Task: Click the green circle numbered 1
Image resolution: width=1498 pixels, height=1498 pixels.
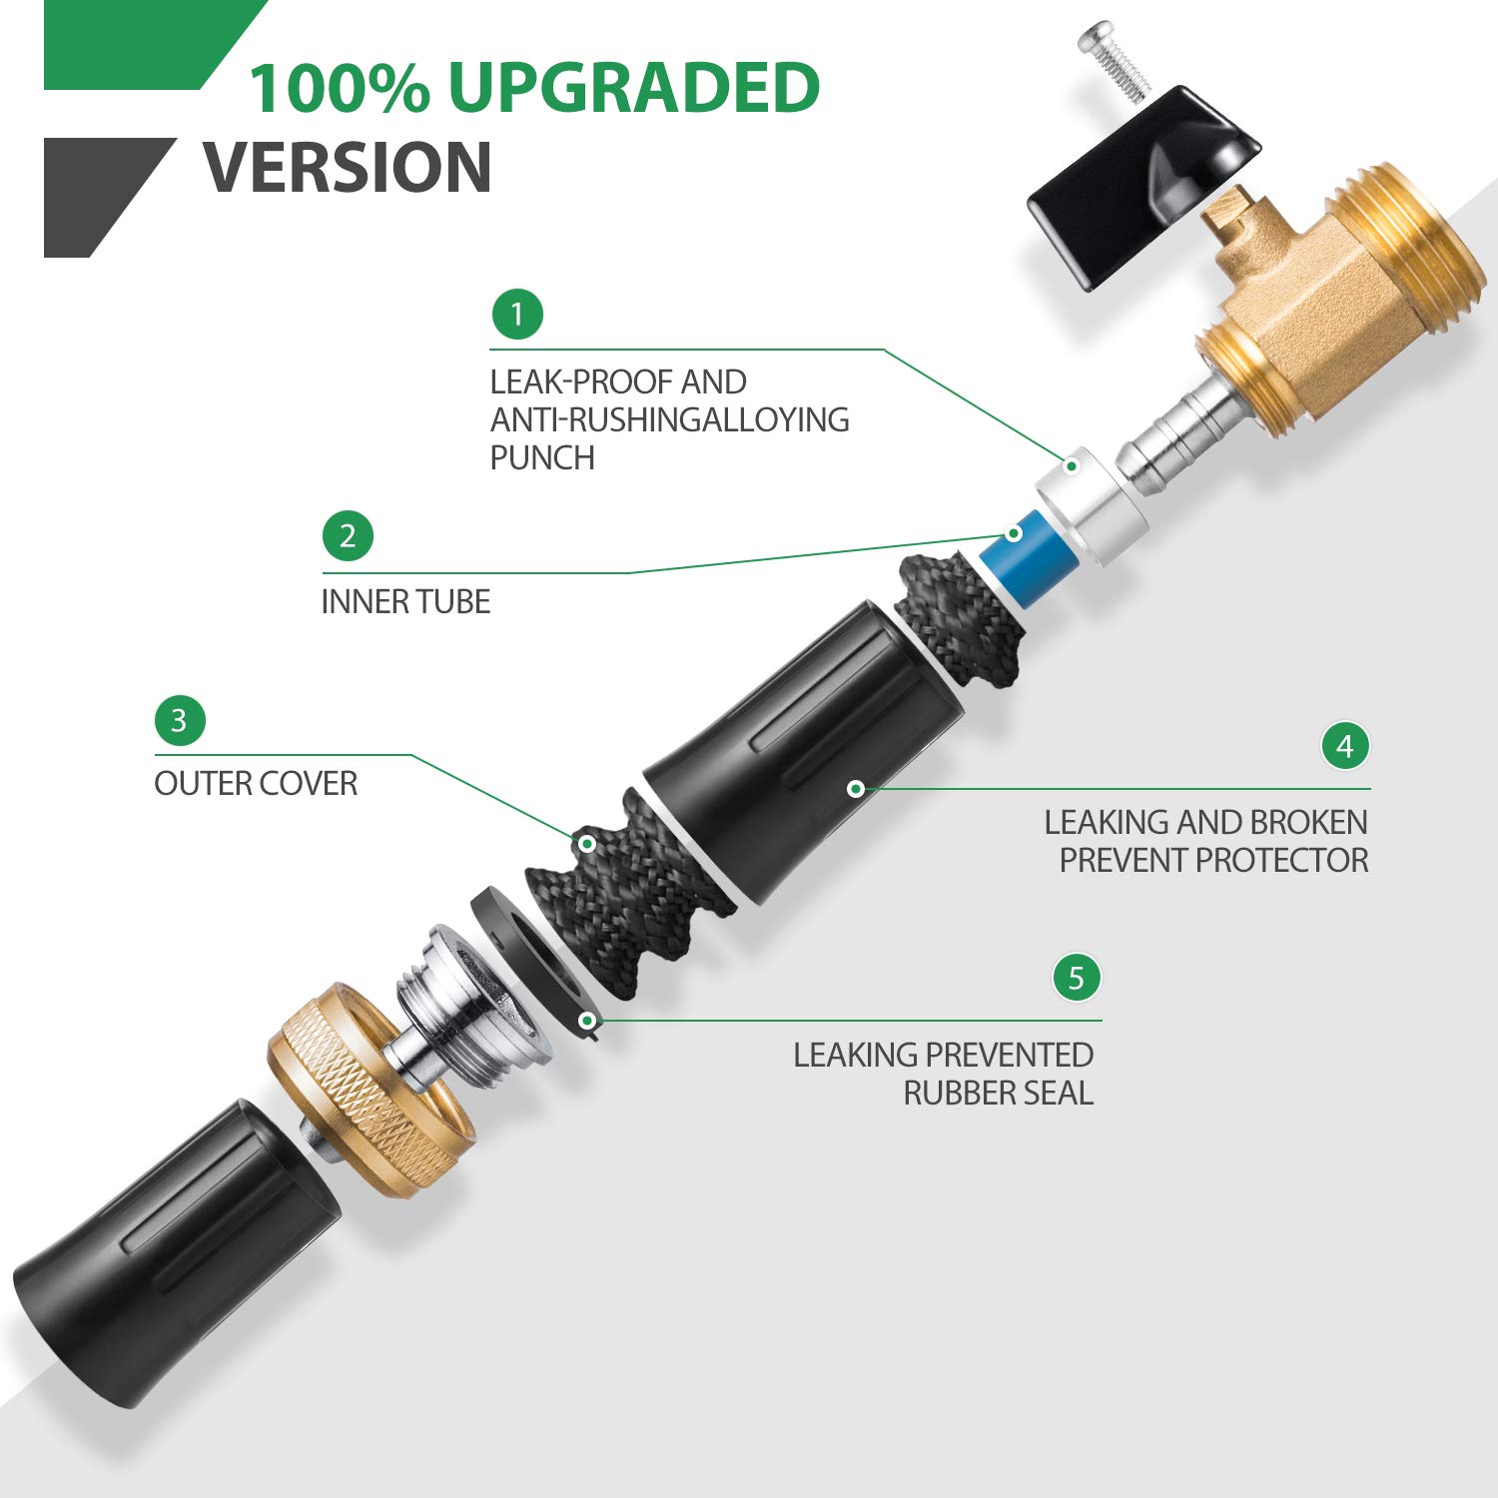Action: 517,315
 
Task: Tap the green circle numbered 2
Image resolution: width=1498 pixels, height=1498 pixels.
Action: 348,536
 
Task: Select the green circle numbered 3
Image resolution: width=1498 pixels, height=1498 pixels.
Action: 180,720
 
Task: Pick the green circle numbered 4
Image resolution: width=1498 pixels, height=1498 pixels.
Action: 1345,746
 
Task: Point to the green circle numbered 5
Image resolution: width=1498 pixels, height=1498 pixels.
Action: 1077,977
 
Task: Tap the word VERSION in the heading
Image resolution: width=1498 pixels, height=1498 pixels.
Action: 348,167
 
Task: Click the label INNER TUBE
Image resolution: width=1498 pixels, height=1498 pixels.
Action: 405,602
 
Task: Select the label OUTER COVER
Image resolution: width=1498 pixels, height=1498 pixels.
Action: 256,784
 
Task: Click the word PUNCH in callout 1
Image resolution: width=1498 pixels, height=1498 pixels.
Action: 542,457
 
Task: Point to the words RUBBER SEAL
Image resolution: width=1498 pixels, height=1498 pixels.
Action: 999,1094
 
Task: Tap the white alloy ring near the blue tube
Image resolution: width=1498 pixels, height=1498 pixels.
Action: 1092,504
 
